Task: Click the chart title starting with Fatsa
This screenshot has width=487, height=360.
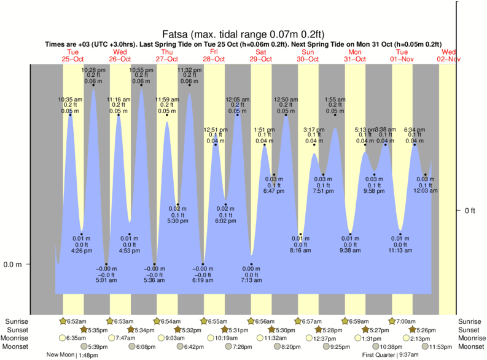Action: [x=243, y=34]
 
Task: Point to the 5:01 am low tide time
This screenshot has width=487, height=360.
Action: [x=106, y=280]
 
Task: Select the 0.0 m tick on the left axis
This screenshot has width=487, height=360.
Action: [x=13, y=265]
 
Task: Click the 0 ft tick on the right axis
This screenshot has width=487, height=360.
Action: [x=470, y=211]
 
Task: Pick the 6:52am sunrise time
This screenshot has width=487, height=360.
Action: [x=76, y=321]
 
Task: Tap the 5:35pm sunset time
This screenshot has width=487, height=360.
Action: [x=98, y=330]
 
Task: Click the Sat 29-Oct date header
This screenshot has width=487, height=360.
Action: [x=261, y=55]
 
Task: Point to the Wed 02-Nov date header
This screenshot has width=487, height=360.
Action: [x=448, y=55]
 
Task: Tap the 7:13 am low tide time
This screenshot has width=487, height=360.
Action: [x=251, y=280]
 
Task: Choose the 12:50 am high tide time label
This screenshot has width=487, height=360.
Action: [x=286, y=100]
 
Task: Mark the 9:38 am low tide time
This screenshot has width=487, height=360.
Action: [x=350, y=251]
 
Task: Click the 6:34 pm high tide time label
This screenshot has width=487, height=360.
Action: [x=415, y=130]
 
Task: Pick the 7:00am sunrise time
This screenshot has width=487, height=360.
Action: [x=404, y=321]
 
